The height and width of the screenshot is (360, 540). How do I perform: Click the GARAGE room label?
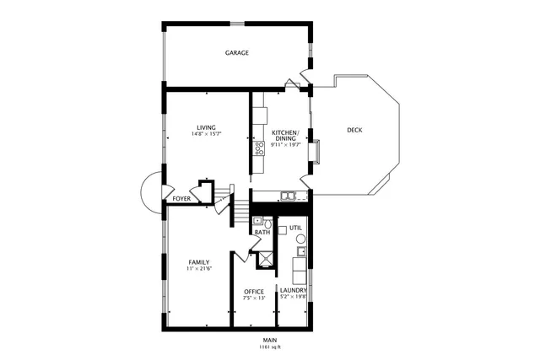pyautogui.click(x=236, y=53)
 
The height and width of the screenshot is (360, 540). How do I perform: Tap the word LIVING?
pyautogui.click(x=207, y=127)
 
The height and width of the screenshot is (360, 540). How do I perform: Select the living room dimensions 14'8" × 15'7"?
pyautogui.click(x=207, y=134)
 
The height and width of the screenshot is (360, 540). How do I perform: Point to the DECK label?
pyautogui.click(x=354, y=130)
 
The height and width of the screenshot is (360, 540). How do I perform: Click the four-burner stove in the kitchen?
pyautogui.click(x=259, y=149)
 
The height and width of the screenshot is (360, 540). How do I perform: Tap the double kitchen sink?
pyautogui.click(x=288, y=196)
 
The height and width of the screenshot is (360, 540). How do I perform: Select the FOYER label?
pyautogui.click(x=181, y=199)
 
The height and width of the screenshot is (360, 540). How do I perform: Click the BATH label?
pyautogui.click(x=262, y=232)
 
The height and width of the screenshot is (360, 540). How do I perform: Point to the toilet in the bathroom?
pyautogui.click(x=267, y=223)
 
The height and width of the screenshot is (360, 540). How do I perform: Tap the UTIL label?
pyautogui.click(x=295, y=228)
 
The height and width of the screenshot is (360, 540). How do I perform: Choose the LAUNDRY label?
pyautogui.click(x=294, y=291)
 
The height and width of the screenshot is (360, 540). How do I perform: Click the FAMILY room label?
pyautogui.click(x=199, y=262)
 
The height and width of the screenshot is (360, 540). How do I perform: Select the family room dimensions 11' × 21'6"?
pyautogui.click(x=199, y=269)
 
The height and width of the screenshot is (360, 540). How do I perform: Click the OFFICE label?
pyautogui.click(x=254, y=291)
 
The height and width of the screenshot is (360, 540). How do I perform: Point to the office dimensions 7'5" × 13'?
pyautogui.click(x=254, y=298)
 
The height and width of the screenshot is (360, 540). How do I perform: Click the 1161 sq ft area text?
pyautogui.click(x=270, y=347)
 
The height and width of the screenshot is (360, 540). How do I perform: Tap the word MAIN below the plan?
pyautogui.click(x=270, y=340)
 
